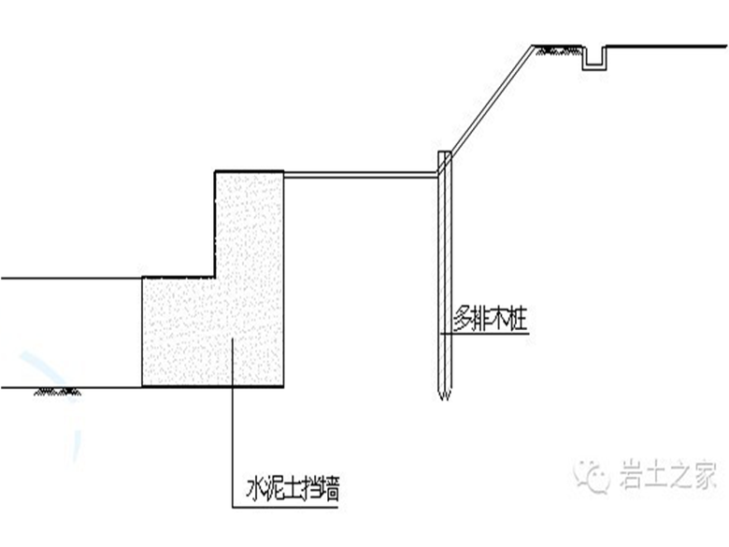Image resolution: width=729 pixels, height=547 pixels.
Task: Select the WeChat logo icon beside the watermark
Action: pyautogui.click(x=592, y=475)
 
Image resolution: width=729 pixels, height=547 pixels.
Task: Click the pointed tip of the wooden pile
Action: pyautogui.click(x=445, y=399)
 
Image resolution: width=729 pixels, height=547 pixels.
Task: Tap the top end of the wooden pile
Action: pyautogui.click(x=445, y=152)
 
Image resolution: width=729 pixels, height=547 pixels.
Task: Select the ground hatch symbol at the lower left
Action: pyautogui.click(x=58, y=391)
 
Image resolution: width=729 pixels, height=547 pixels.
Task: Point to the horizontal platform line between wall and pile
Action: pyautogui.click(x=362, y=175)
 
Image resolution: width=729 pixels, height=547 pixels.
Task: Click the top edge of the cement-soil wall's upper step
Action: pyautogui.click(x=250, y=171)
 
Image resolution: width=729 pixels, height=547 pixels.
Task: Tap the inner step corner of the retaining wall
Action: pyautogui.click(x=215, y=277)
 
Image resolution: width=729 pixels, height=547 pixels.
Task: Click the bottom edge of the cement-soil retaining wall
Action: pyautogui.click(x=212, y=386)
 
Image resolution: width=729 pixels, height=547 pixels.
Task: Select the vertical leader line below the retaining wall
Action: pyautogui.click(x=232, y=447)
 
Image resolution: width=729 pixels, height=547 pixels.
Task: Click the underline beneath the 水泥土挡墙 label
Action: pyautogui.click(x=285, y=507)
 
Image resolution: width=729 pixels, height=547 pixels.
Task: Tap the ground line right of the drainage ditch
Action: pyautogui.click(x=666, y=46)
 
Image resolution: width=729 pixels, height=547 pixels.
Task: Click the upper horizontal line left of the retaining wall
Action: pyautogui.click(x=71, y=278)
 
